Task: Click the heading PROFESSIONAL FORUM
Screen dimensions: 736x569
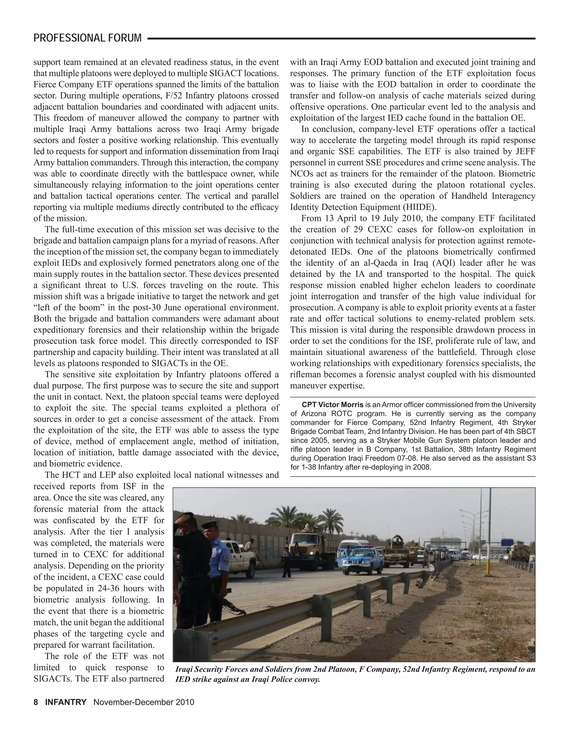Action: click(x=88, y=38)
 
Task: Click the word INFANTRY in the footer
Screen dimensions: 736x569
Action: click(x=66, y=702)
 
